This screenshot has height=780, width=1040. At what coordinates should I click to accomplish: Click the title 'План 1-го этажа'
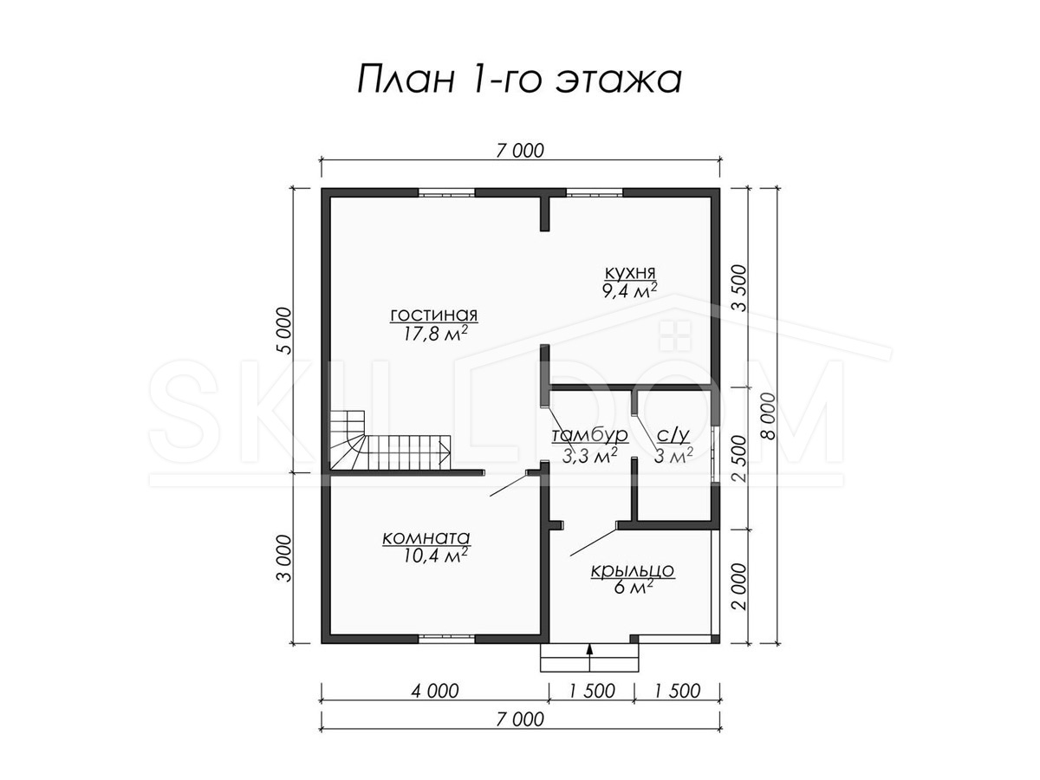[519, 79]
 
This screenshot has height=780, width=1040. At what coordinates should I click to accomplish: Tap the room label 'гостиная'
[433, 315]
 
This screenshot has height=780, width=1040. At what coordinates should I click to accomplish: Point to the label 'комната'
[426, 538]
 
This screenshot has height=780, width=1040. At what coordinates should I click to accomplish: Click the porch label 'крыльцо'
[632, 570]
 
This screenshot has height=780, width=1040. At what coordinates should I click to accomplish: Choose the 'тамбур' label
[590, 435]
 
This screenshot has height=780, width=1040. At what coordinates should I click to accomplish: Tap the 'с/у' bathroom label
[673, 436]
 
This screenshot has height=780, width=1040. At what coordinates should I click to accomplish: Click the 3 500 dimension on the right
[739, 289]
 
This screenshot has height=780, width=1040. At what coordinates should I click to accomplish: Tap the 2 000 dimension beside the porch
[739, 587]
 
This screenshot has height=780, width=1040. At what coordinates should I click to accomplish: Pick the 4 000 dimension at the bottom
[435, 691]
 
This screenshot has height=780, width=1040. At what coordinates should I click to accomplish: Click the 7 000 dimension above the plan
[520, 151]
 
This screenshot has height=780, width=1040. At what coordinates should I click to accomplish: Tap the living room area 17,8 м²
[435, 334]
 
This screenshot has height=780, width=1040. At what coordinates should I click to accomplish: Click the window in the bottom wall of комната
[446, 639]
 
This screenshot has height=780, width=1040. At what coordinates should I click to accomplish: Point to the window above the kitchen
[595, 192]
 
